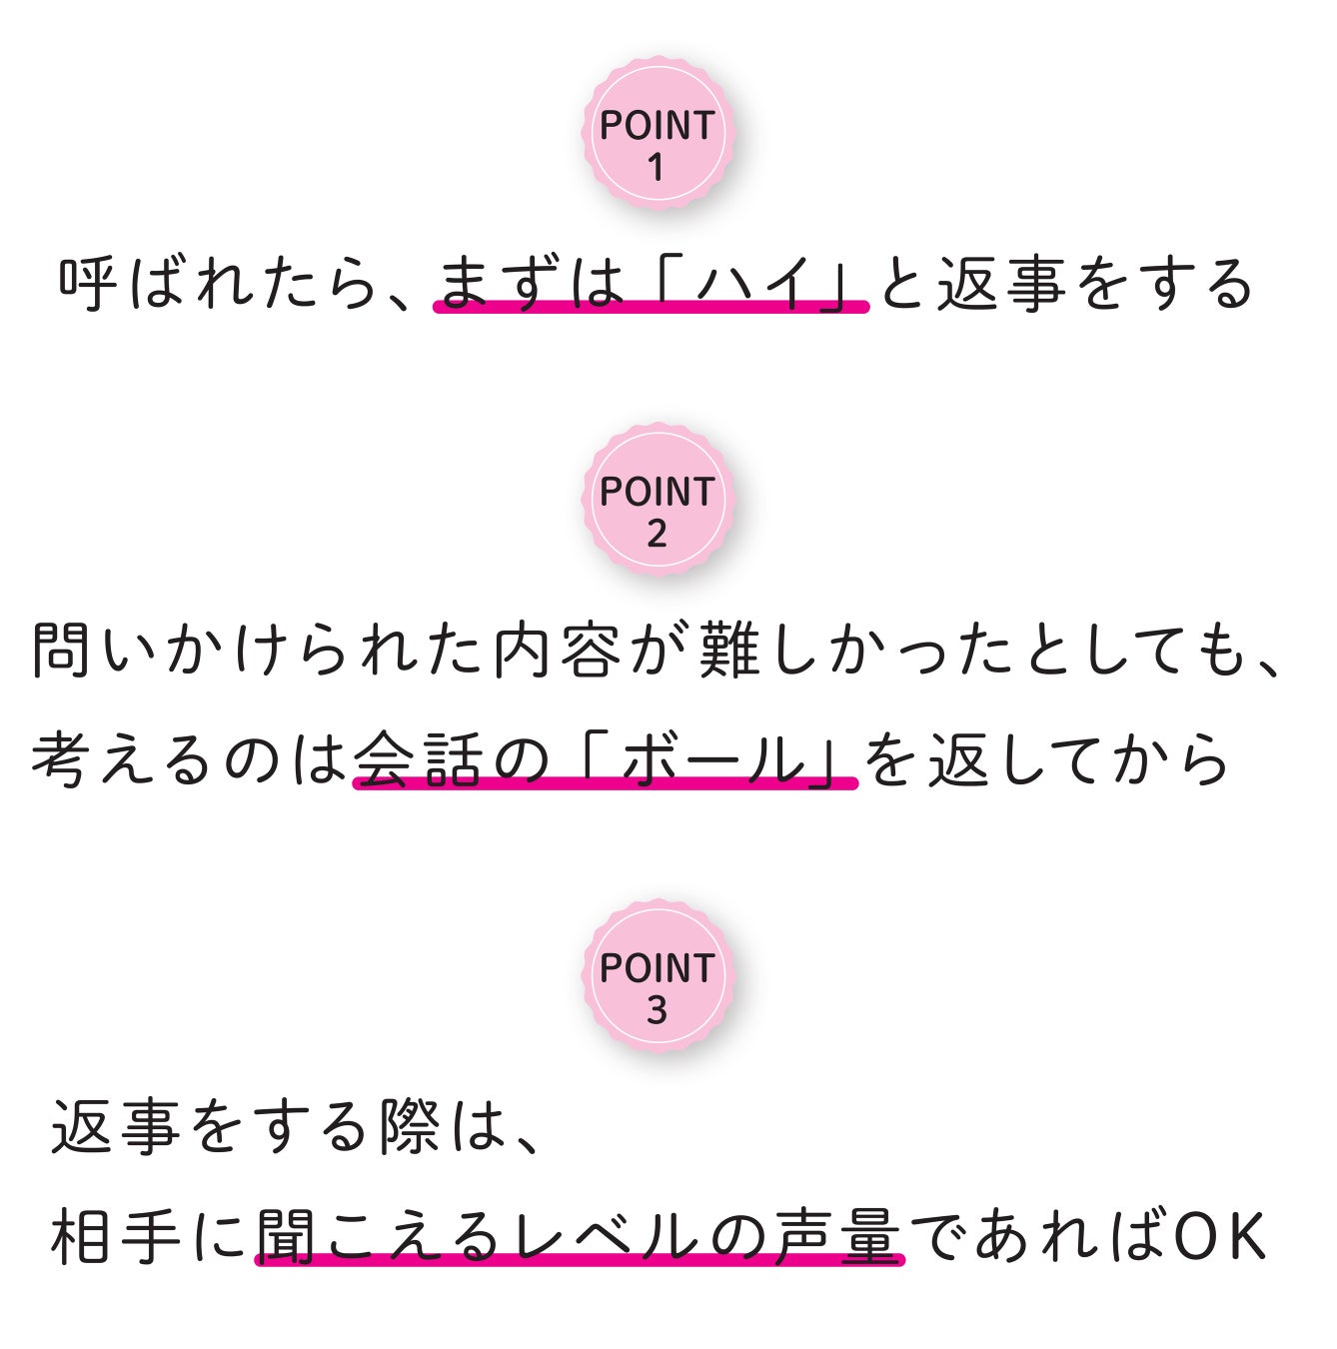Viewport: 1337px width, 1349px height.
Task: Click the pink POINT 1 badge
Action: point(658,133)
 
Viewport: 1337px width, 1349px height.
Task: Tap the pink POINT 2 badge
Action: point(658,500)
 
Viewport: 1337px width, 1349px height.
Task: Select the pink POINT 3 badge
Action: point(658,976)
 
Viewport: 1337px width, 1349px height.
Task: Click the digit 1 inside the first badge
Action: point(656,167)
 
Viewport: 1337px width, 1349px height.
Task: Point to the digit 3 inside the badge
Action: point(657,1010)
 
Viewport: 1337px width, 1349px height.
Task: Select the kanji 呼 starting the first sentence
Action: point(89,283)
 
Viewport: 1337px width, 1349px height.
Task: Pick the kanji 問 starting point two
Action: point(62,650)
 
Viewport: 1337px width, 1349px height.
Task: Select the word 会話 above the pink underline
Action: point(421,759)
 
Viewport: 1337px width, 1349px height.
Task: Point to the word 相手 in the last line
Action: point(116,1236)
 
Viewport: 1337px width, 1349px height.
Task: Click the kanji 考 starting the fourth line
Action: point(62,759)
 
